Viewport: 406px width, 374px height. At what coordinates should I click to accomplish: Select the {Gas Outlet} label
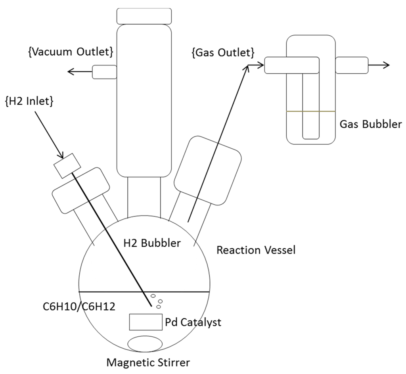223,52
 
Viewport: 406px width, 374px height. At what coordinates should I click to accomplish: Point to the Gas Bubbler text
371,124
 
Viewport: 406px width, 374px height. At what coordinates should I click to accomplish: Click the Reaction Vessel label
256,250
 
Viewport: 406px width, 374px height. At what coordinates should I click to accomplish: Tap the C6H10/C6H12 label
79,306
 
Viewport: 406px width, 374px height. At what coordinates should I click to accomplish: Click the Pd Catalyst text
193,322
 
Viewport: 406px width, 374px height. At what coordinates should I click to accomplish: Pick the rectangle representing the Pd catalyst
146,322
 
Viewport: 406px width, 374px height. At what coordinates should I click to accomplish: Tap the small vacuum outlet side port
104,72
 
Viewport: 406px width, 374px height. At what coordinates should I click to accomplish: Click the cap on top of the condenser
144,15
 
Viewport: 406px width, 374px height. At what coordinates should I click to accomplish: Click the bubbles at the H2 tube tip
157,301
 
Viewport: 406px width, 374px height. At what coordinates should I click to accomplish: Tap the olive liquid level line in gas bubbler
311,111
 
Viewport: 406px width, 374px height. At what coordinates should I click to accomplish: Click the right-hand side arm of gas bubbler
352,65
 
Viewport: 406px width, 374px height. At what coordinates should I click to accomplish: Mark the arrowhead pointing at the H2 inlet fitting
61,155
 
